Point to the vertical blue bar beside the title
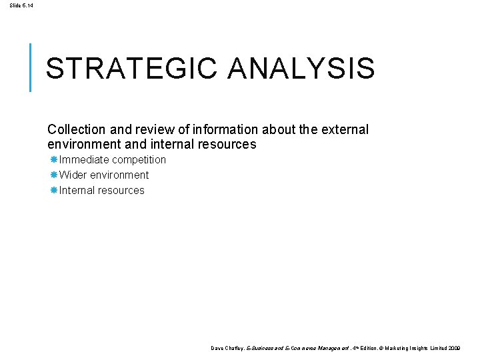[31, 67]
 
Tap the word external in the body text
[345, 129]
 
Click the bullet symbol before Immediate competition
[54, 160]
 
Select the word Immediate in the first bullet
[84, 160]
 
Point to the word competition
[139, 160]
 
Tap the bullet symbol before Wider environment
[54, 175]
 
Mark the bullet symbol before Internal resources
[54, 191]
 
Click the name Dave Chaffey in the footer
[227, 348]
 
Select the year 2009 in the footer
[453, 348]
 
